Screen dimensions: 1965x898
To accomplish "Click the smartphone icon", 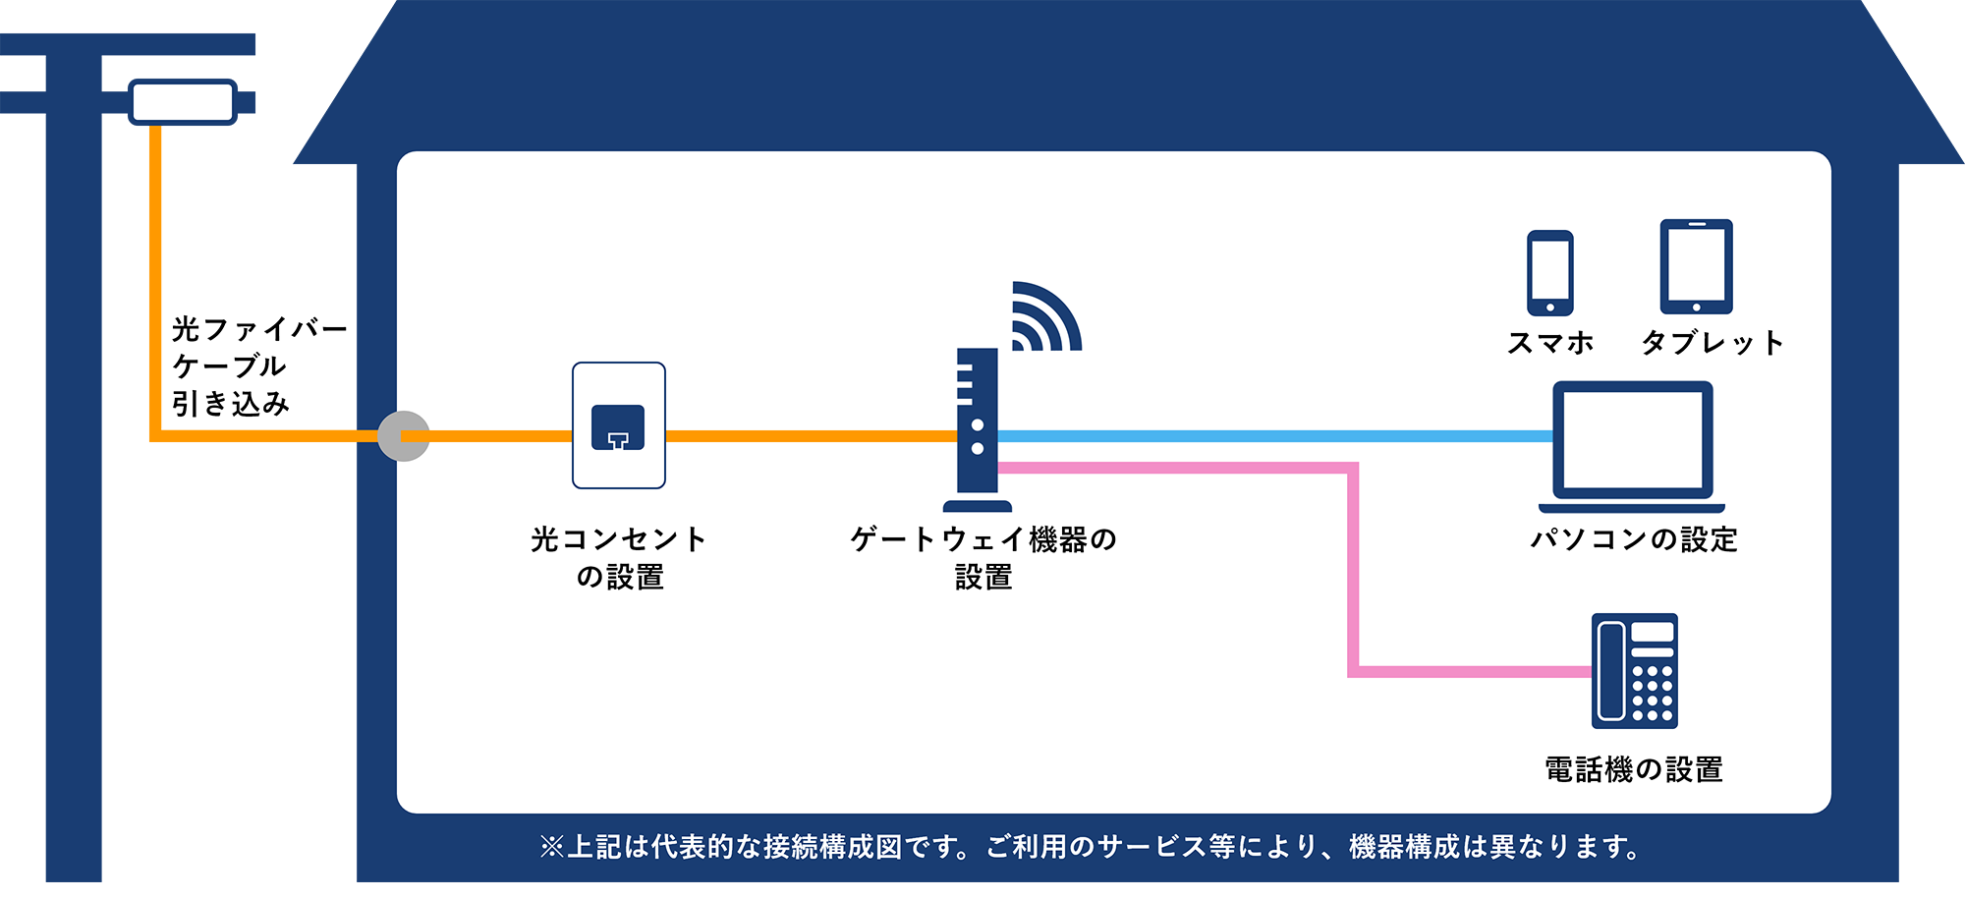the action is [x=1549, y=273].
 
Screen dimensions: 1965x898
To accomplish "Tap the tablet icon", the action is [x=1696, y=266].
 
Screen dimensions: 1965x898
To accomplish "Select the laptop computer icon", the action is [x=1632, y=447].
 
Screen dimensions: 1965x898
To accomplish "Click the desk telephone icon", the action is [x=1635, y=671].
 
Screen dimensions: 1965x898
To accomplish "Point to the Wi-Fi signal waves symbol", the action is [x=1046, y=316].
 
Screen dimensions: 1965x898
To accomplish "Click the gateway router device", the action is [x=978, y=429].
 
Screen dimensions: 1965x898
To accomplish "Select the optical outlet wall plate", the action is [x=619, y=425].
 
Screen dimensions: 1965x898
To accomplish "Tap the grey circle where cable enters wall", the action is [x=404, y=436].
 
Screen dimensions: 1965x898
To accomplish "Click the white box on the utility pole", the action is [x=184, y=102].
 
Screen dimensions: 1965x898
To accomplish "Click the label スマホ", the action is [x=1550, y=343].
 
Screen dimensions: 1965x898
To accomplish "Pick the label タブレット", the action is [x=1712, y=343].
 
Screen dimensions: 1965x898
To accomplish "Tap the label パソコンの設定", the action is [x=1634, y=539].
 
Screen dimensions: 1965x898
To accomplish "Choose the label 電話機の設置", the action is [x=1634, y=769].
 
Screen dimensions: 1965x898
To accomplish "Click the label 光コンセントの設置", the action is [x=619, y=558].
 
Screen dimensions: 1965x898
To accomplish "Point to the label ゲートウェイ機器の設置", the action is [x=983, y=558].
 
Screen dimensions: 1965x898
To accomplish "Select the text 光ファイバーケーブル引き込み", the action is [x=259, y=366].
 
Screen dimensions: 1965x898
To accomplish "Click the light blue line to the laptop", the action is [x=1275, y=436].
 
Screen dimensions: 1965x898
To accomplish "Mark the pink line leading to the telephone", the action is [x=1353, y=570].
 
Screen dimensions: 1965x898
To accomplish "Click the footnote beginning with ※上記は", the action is [x=1090, y=847].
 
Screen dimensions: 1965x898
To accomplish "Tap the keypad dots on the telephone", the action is [x=1653, y=694].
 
